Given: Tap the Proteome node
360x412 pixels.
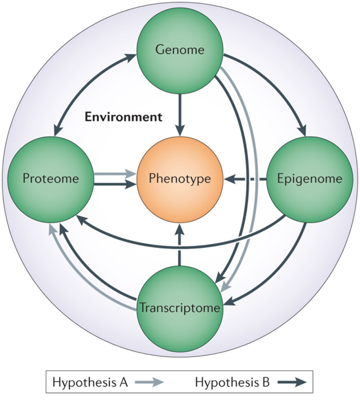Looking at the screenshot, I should coord(50,179).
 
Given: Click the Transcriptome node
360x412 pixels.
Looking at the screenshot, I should coord(180,307).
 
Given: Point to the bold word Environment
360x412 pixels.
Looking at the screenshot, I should coord(123,117).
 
